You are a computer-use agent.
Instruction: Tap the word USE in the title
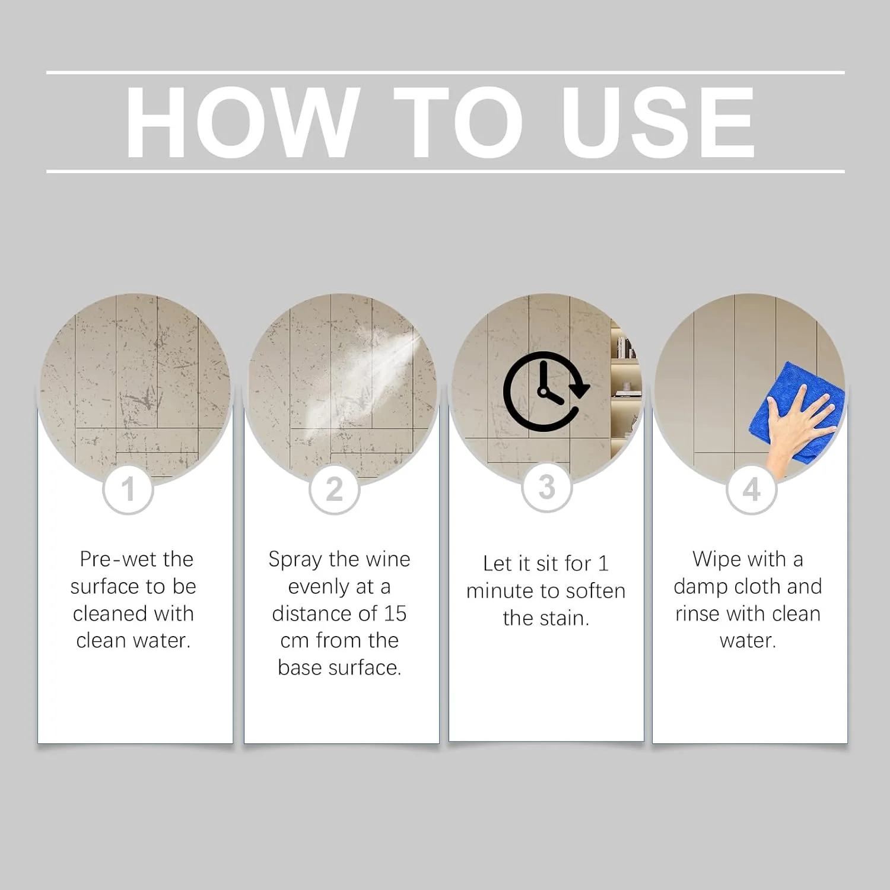(x=659, y=123)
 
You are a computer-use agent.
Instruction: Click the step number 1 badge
(x=128, y=490)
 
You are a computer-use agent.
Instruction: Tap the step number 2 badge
(x=335, y=490)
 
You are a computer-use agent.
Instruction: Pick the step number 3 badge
(x=546, y=488)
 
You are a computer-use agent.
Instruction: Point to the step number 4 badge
(x=752, y=490)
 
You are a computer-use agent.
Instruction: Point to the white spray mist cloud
(x=356, y=380)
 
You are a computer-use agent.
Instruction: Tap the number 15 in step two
(x=395, y=614)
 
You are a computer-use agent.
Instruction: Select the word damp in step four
(x=701, y=587)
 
